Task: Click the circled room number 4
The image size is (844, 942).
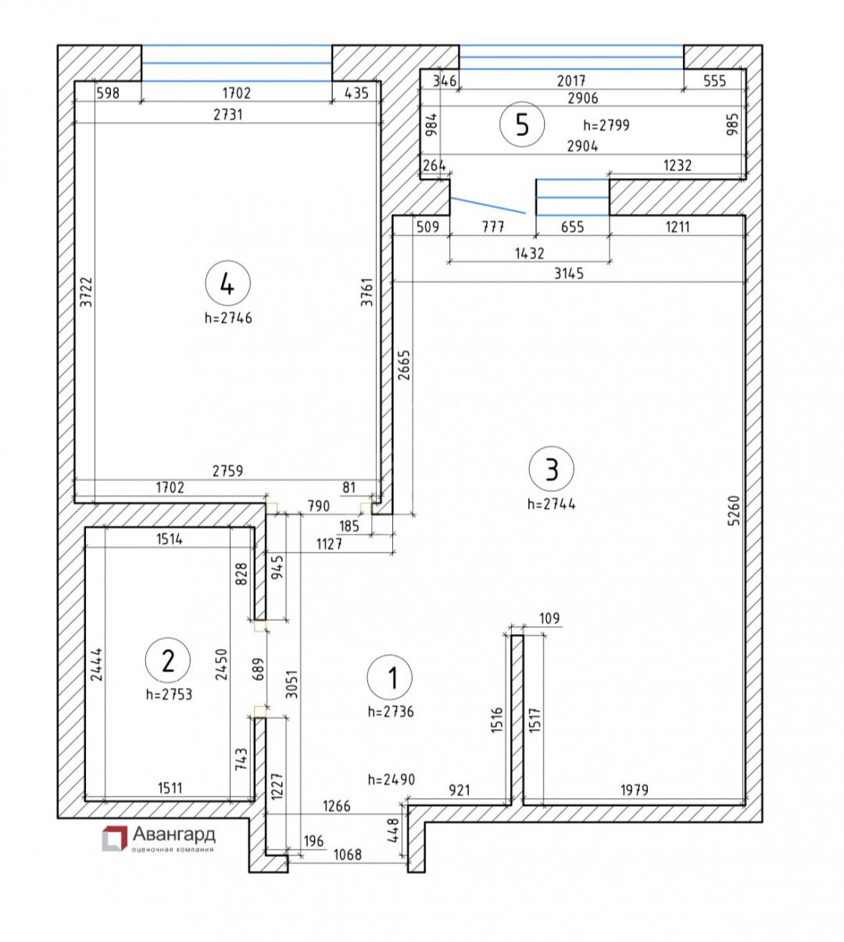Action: pyautogui.click(x=227, y=283)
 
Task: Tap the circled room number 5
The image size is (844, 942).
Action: pyautogui.click(x=522, y=124)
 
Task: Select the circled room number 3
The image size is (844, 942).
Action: pyautogui.click(x=551, y=469)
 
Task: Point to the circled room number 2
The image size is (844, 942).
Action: pyautogui.click(x=168, y=661)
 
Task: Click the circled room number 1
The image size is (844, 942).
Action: pyautogui.click(x=389, y=678)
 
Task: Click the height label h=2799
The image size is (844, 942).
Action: pyautogui.click(x=606, y=125)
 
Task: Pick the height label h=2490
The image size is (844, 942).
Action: pyautogui.click(x=392, y=779)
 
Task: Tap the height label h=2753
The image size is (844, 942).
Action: pyautogui.click(x=169, y=694)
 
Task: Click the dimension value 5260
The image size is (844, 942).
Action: pyautogui.click(x=733, y=510)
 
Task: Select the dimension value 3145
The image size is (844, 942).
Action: pyautogui.click(x=569, y=274)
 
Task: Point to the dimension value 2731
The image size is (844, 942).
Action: pyautogui.click(x=227, y=114)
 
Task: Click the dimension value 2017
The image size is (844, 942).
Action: pyautogui.click(x=571, y=81)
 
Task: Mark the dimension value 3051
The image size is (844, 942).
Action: pyautogui.click(x=291, y=683)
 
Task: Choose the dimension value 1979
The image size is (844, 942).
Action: pyautogui.click(x=635, y=790)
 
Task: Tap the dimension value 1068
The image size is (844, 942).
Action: pyautogui.click(x=348, y=854)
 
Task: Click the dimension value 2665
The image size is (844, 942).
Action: pyautogui.click(x=404, y=365)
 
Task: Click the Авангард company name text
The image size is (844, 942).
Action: pyautogui.click(x=173, y=834)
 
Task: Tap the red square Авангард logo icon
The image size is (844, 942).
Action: pyautogui.click(x=114, y=838)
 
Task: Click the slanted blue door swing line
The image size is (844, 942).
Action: pyautogui.click(x=488, y=205)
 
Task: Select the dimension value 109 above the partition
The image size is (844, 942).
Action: pyautogui.click(x=549, y=618)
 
